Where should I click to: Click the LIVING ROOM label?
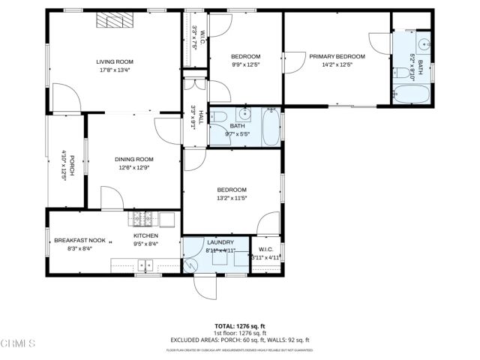114,62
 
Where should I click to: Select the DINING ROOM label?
133,159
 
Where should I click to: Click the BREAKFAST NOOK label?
79,240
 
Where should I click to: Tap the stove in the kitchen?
143,218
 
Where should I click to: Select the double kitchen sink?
145,264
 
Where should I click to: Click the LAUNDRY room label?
220,242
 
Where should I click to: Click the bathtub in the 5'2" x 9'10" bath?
411,95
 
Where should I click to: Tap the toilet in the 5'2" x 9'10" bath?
401,73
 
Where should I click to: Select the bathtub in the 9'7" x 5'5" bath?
270,125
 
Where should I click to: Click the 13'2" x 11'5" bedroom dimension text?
232,198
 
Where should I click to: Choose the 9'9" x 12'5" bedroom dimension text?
245,65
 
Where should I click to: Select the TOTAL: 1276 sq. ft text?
240,326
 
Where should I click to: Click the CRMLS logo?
18,344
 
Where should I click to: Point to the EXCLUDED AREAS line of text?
240,340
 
